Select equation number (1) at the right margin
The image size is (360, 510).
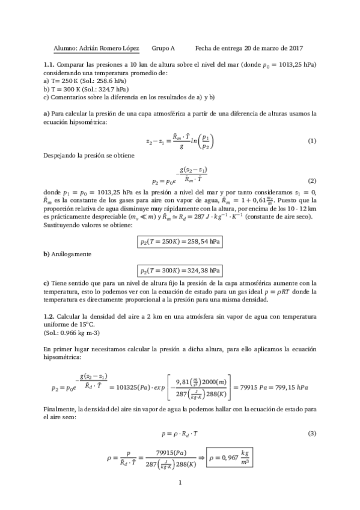click(311, 141)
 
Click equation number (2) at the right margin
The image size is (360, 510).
click(311, 181)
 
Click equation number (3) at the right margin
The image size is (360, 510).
click(311, 433)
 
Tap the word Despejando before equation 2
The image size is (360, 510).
click(60, 155)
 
